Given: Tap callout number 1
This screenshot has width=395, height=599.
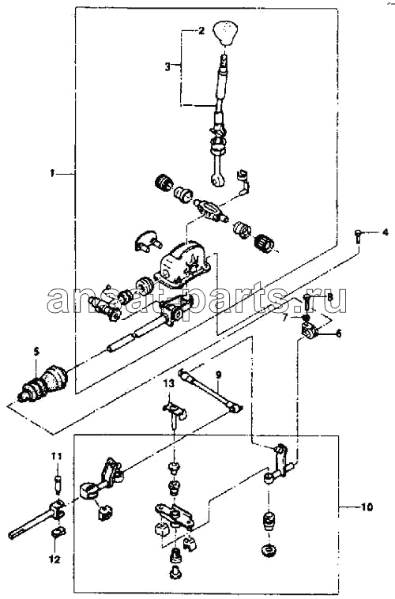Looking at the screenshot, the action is coord(52,174).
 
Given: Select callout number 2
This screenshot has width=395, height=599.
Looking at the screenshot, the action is coord(201,31).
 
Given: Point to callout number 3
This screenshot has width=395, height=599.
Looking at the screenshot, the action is coord(167,67).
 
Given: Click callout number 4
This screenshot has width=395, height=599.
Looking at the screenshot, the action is coord(385,232).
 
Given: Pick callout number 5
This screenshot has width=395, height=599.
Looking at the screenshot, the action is coord(36,351).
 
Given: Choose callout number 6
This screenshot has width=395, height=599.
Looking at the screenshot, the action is coord(338,333).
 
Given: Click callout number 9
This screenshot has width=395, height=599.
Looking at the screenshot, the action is coord(218,375).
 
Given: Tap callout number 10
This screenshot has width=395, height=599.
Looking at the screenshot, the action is coord(367,507).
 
